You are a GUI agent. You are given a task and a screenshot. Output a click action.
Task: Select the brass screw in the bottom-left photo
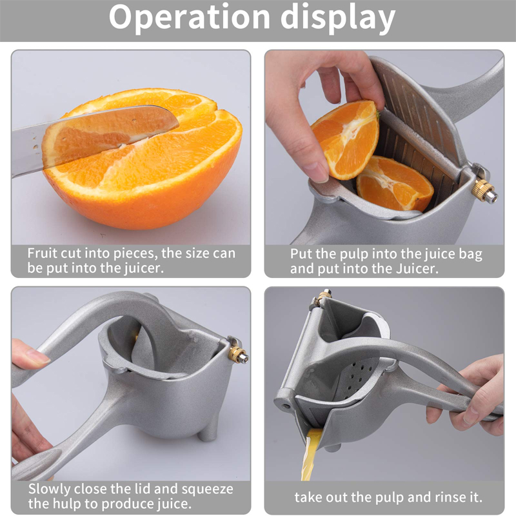click(x=238, y=353)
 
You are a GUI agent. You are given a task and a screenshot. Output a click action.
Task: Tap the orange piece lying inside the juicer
click(x=394, y=184)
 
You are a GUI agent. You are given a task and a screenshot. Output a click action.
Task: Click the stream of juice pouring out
click(x=312, y=455)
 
